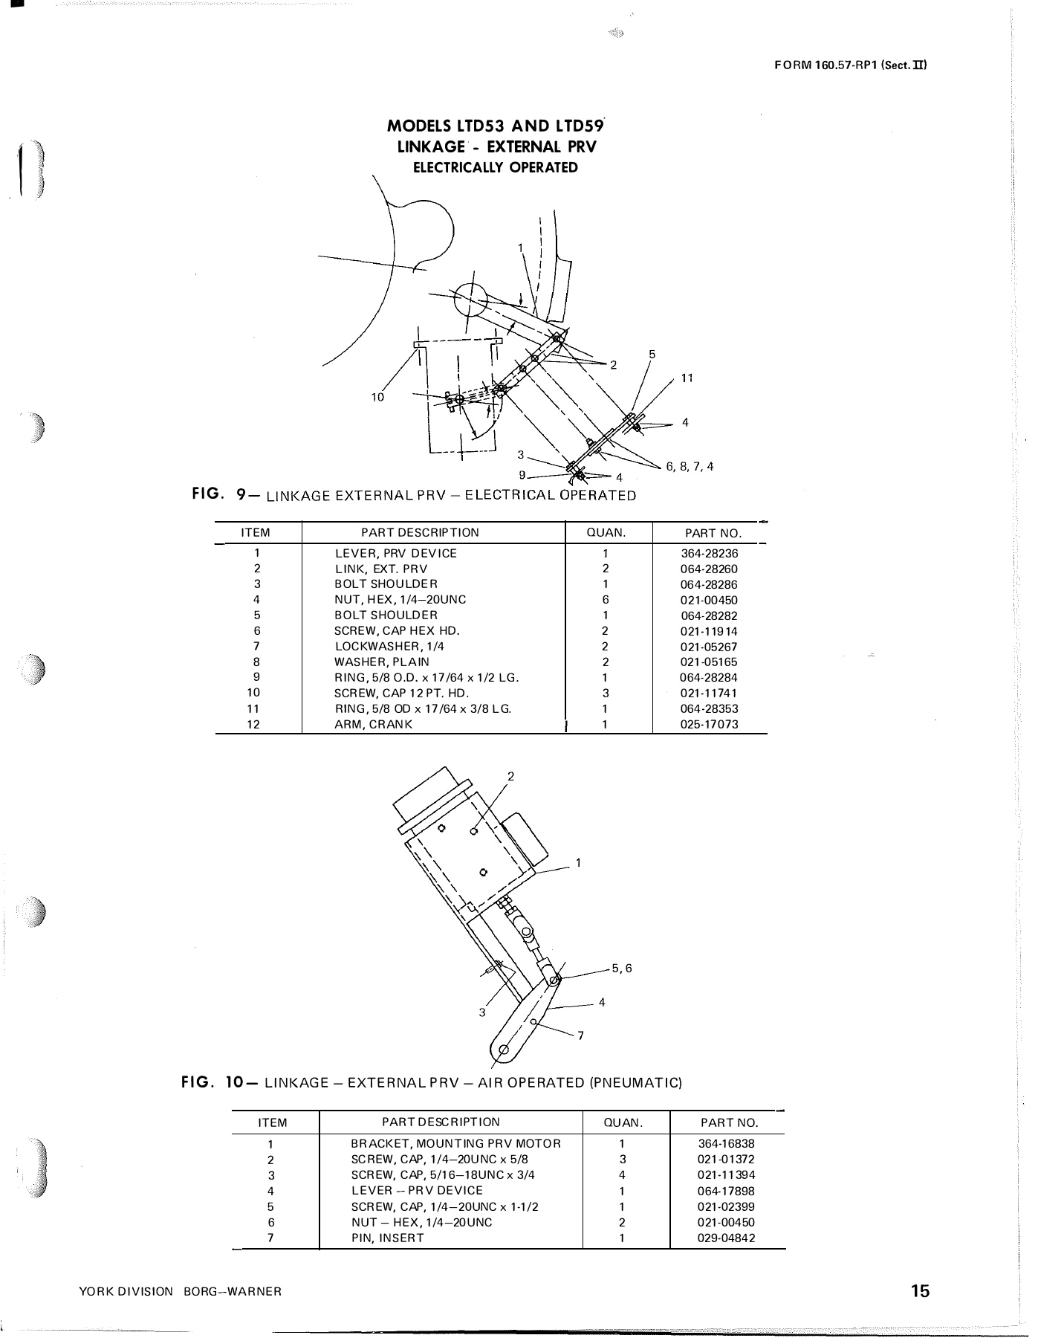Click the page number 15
920,1290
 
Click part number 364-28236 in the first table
709,553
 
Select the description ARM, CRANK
373,724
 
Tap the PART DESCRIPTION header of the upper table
420,532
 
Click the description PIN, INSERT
387,1238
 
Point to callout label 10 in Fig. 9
377,397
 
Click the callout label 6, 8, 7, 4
690,467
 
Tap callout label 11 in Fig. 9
687,378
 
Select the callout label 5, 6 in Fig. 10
621,968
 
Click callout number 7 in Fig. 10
580,1036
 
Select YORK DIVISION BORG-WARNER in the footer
180,1292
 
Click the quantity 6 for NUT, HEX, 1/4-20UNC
606,599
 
